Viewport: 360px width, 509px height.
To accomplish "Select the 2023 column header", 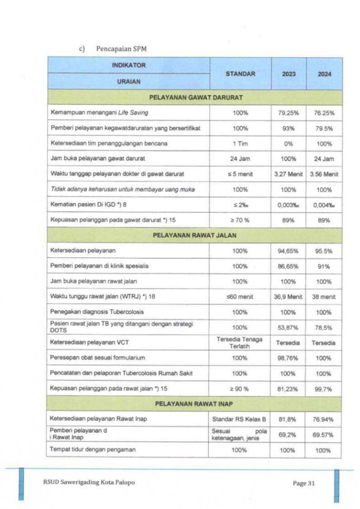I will click(x=289, y=74).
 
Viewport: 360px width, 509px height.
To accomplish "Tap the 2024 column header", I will click(x=324, y=74).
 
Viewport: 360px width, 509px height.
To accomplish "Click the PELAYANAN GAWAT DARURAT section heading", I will click(x=196, y=97).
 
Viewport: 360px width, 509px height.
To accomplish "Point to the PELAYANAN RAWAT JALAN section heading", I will click(x=196, y=235).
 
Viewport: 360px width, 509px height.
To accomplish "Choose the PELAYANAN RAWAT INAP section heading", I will click(x=196, y=404).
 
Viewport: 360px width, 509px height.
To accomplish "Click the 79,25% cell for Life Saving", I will click(x=289, y=113).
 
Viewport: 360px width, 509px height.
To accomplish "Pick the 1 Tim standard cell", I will click(x=240, y=143).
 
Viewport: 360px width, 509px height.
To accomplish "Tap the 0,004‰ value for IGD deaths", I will click(x=324, y=205).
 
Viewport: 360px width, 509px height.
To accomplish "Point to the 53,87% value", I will click(x=289, y=328).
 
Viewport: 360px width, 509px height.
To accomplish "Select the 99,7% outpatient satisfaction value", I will click(x=324, y=389).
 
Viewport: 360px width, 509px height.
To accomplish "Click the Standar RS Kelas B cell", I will click(x=239, y=419).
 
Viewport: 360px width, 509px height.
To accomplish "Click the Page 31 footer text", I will click(x=304, y=483).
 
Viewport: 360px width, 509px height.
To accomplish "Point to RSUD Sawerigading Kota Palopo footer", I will click(x=89, y=482).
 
